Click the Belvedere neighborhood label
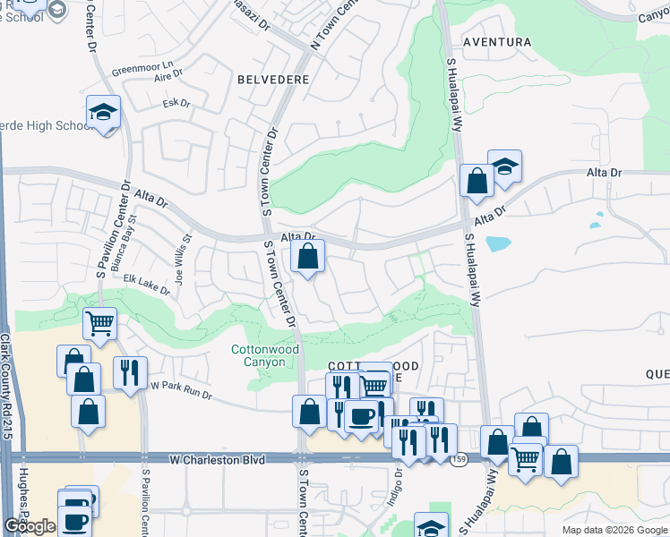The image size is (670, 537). click(273, 80)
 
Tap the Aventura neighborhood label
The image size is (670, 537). click(496, 42)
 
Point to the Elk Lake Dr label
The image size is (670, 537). click(147, 283)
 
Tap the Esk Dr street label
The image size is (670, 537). click(176, 104)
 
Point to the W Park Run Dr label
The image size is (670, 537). click(182, 388)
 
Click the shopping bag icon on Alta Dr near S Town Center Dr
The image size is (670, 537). click(307, 258)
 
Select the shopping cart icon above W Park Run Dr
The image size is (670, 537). click(99, 323)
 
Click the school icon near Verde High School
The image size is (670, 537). click(104, 113)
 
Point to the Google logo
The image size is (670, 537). click(30, 525)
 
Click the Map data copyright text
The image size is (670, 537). click(614, 529)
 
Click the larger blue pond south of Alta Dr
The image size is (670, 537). click(497, 243)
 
